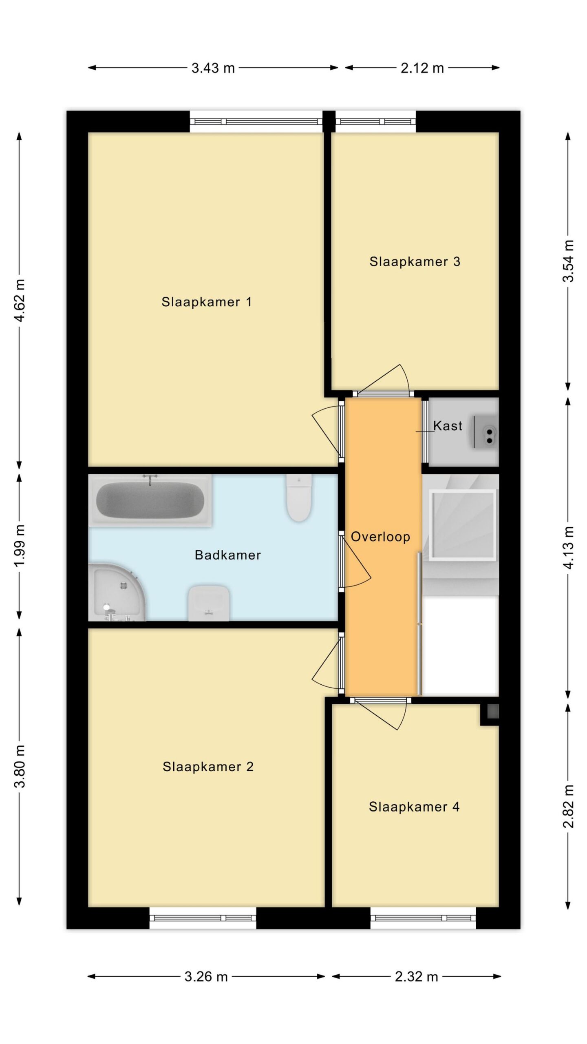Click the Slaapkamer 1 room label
pyautogui.click(x=206, y=302)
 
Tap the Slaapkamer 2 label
pyautogui.click(x=208, y=767)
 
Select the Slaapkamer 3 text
pyautogui.click(x=415, y=261)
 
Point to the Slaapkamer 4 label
pyautogui.click(x=414, y=807)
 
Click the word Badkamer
pyautogui.click(x=228, y=555)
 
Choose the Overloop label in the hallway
pyautogui.click(x=380, y=537)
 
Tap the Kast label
pyautogui.click(x=448, y=426)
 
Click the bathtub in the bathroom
pyautogui.click(x=150, y=500)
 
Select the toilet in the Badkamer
pyautogui.click(x=299, y=498)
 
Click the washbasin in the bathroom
pyautogui.click(x=209, y=604)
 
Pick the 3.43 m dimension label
pyautogui.click(x=213, y=68)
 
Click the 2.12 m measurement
pyautogui.click(x=422, y=68)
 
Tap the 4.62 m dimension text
pyautogui.click(x=20, y=301)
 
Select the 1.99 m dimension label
pyautogui.click(x=20, y=546)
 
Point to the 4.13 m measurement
pyautogui.click(x=568, y=547)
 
